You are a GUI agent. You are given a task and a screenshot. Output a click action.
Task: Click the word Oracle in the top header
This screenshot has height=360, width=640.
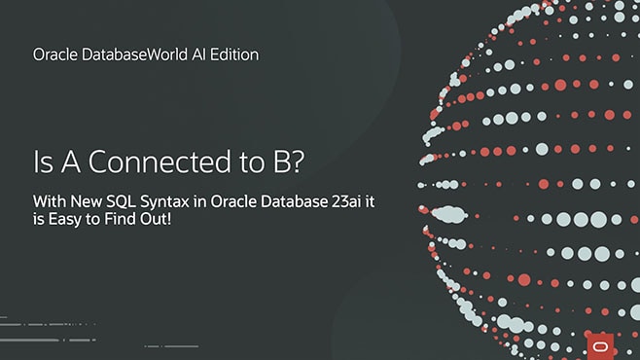[x=54, y=55]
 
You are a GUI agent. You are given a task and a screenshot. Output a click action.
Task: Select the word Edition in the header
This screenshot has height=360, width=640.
[x=233, y=55]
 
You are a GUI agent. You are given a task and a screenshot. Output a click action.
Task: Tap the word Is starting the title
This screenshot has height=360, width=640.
[x=44, y=162]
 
